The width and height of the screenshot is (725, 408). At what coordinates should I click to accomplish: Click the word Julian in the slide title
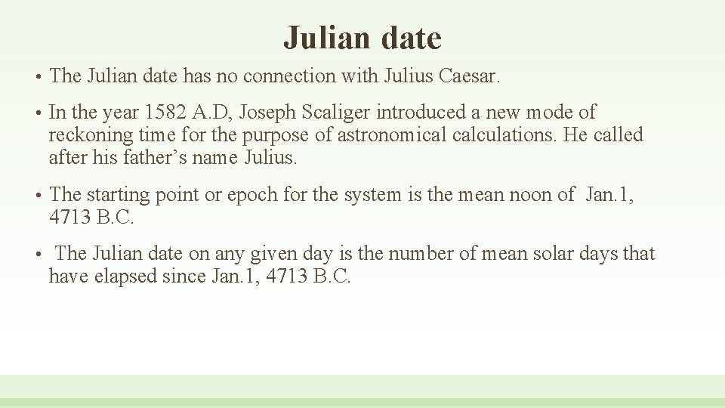coord(329,38)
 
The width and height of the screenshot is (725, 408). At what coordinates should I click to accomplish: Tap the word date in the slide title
coord(412,38)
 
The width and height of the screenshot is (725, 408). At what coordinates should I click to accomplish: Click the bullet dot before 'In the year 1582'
coord(37,113)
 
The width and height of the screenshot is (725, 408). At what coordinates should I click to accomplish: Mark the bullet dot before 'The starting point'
coord(37,196)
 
